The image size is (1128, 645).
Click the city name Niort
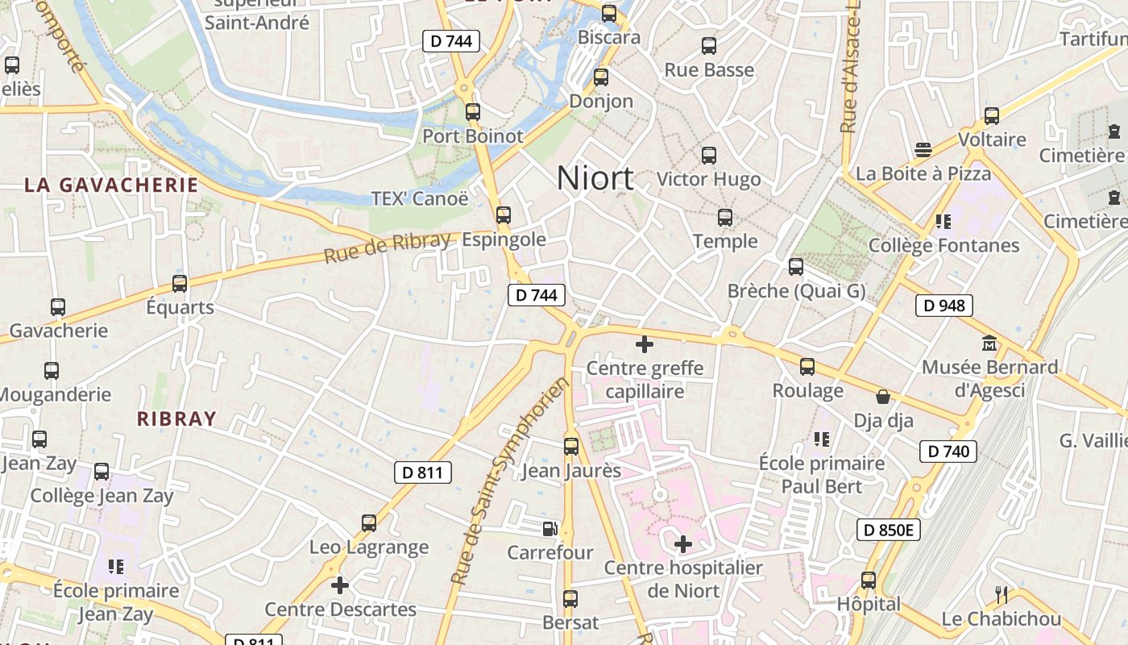(x=595, y=178)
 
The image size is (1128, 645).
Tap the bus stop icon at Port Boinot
(x=473, y=112)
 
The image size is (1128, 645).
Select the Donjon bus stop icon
(x=600, y=77)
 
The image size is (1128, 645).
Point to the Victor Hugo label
(x=708, y=179)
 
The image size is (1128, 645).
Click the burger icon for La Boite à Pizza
(x=923, y=150)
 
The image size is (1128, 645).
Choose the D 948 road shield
(x=944, y=306)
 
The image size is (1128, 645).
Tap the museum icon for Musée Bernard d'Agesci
(x=989, y=343)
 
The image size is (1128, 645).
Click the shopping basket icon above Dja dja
(x=883, y=397)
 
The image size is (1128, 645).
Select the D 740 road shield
(x=948, y=451)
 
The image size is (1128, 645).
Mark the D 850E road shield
(x=889, y=530)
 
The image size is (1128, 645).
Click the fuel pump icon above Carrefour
(x=549, y=529)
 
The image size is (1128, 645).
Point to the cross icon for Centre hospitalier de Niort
(x=683, y=544)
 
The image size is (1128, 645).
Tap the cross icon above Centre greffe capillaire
(x=644, y=345)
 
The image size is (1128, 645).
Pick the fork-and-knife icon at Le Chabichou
(x=1002, y=595)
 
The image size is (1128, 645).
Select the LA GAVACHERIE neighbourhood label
(x=111, y=185)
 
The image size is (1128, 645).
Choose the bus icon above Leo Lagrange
(x=369, y=523)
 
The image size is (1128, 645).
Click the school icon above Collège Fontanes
(x=943, y=221)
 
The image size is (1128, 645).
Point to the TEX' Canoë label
(x=419, y=198)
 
